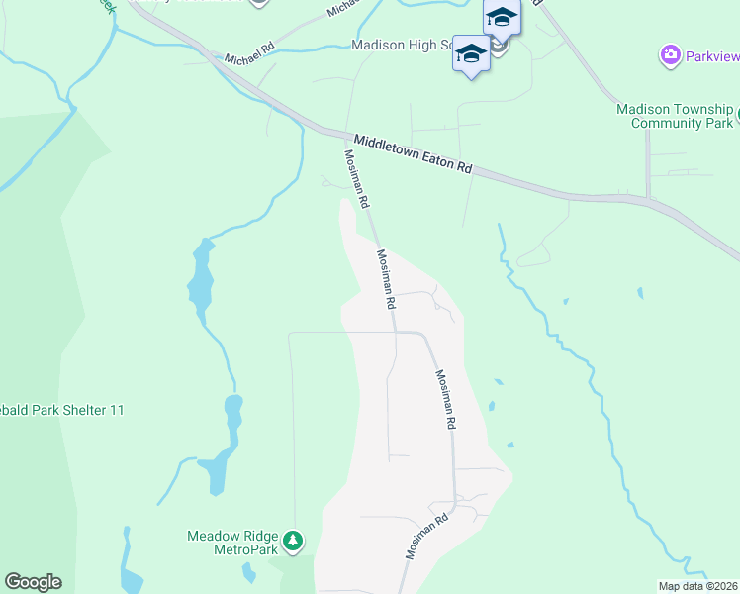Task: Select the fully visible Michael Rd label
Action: coord(248,58)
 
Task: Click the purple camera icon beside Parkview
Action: coord(670,54)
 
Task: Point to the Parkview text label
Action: coord(710,55)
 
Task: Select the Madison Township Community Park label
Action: coord(675,116)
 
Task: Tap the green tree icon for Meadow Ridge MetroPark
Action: coord(292,541)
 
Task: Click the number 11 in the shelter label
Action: coord(117,410)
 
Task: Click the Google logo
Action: coord(33,582)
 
